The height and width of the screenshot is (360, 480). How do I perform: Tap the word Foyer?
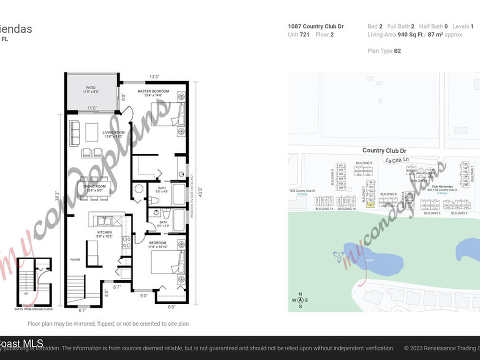tap(75, 259)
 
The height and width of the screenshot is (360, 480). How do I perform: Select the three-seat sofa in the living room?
tap(75, 133)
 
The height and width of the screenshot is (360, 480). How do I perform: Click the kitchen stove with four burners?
tap(126, 242)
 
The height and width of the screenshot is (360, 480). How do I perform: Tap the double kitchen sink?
tap(104, 220)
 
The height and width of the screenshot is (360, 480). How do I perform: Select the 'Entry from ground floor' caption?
tap(34, 309)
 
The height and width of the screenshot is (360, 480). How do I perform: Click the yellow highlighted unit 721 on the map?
tap(370, 205)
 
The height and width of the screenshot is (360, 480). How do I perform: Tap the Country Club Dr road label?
tap(384, 150)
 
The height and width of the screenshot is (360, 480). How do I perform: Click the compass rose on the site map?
tap(300, 300)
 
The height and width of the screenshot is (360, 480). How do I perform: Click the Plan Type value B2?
tap(397, 51)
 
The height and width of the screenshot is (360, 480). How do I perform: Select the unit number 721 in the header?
tap(305, 34)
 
